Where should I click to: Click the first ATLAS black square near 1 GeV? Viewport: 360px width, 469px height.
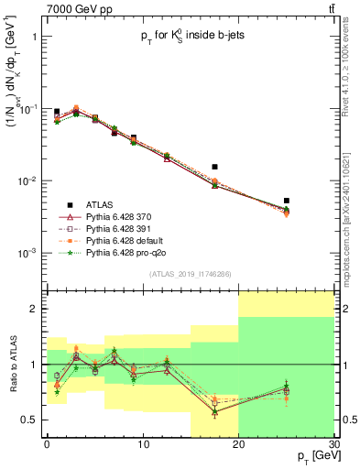pyautogui.click(x=57, y=112)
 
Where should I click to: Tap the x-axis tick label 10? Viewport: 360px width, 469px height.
pyautogui.click(x=142, y=442)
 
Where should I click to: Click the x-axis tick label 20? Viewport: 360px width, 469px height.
pyautogui.click(x=238, y=442)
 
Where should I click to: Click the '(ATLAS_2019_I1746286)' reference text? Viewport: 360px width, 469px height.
pyautogui.click(x=190, y=274)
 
